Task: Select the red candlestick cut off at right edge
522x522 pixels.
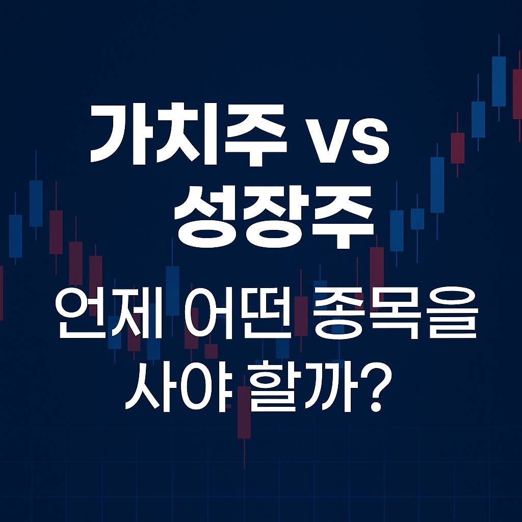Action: (x=517, y=94)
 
